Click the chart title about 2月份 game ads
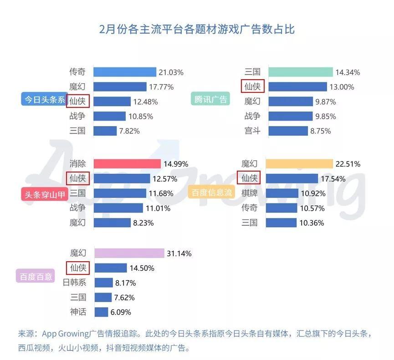[197, 29]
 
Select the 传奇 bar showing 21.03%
[125, 72]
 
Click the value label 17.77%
[159, 86]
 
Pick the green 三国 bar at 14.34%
[300, 72]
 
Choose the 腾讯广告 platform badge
[210, 99]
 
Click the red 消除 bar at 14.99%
[127, 164]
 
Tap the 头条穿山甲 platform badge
[44, 194]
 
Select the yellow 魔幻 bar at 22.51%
[299, 164]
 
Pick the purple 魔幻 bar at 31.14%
[129, 253]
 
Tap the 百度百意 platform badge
[36, 276]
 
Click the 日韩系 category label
[74, 283]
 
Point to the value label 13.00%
[342, 87]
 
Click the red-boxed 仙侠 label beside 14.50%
[77, 268]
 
